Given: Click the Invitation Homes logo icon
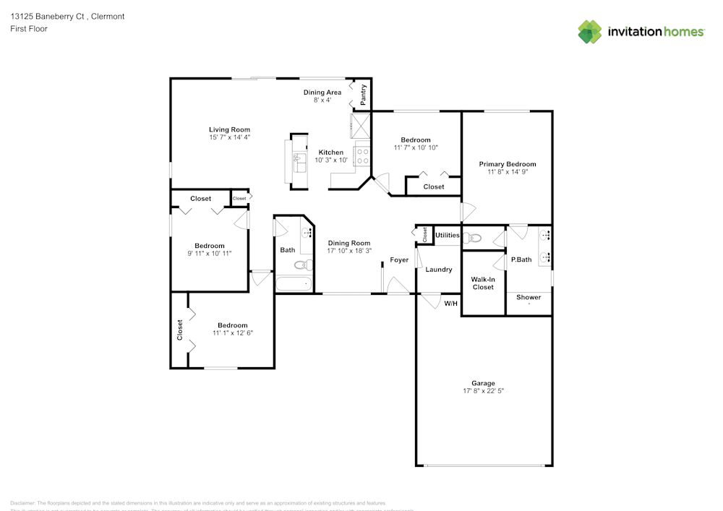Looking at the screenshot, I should (589, 31).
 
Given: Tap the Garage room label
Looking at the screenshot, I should (483, 383).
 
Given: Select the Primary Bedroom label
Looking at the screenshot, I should (508, 164).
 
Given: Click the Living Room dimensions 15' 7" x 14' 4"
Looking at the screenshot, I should (229, 137).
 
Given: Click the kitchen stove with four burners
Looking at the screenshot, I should (362, 155).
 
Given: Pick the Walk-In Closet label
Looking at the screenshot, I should (483, 283).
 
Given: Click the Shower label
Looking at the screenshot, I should (528, 297).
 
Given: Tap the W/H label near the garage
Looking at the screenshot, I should (450, 303).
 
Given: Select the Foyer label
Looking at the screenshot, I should (399, 259).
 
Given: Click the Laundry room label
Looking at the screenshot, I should (438, 270).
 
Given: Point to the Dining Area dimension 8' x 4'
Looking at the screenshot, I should (322, 100).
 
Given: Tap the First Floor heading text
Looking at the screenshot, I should (29, 29).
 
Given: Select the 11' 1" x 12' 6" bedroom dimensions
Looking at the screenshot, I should (232, 333).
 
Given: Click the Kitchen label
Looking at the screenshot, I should (331, 153).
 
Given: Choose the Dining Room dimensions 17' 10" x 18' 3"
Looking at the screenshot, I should (349, 251).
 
